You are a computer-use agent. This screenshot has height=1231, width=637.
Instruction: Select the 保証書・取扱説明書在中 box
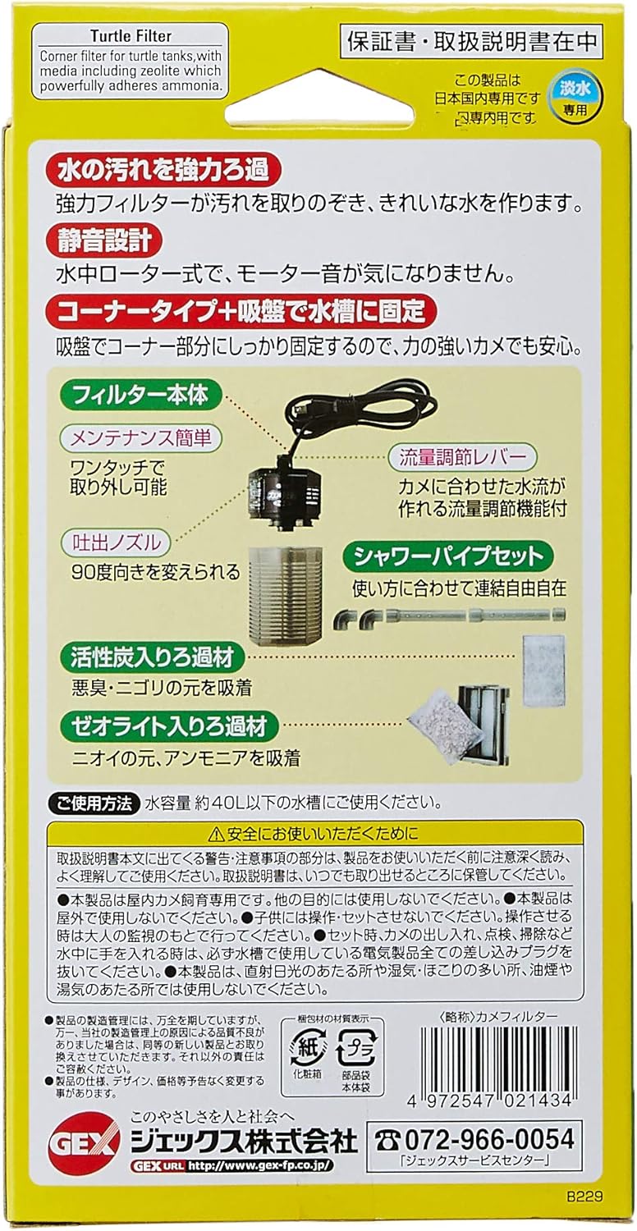pyautogui.click(x=474, y=39)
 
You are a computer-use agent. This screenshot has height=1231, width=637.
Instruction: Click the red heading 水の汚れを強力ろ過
pyautogui.click(x=163, y=170)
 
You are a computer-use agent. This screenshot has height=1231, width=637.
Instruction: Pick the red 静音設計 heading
pyautogui.click(x=104, y=241)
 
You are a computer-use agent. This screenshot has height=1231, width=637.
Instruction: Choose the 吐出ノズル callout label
pyautogui.click(x=115, y=542)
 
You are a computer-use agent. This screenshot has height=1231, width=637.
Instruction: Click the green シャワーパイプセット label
pyautogui.click(x=447, y=557)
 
